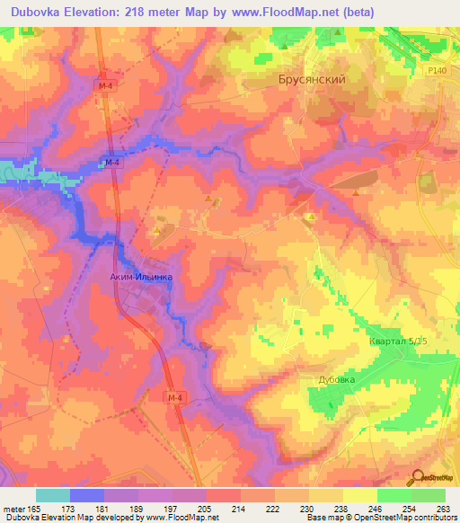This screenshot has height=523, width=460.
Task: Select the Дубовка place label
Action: pyautogui.click(x=337, y=380)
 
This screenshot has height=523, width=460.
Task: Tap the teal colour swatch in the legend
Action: pyautogui.click(x=52, y=495)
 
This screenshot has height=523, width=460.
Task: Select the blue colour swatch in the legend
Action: pyautogui.click(x=86, y=495)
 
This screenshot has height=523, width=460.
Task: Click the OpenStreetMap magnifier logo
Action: pyautogui.click(x=420, y=477)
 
